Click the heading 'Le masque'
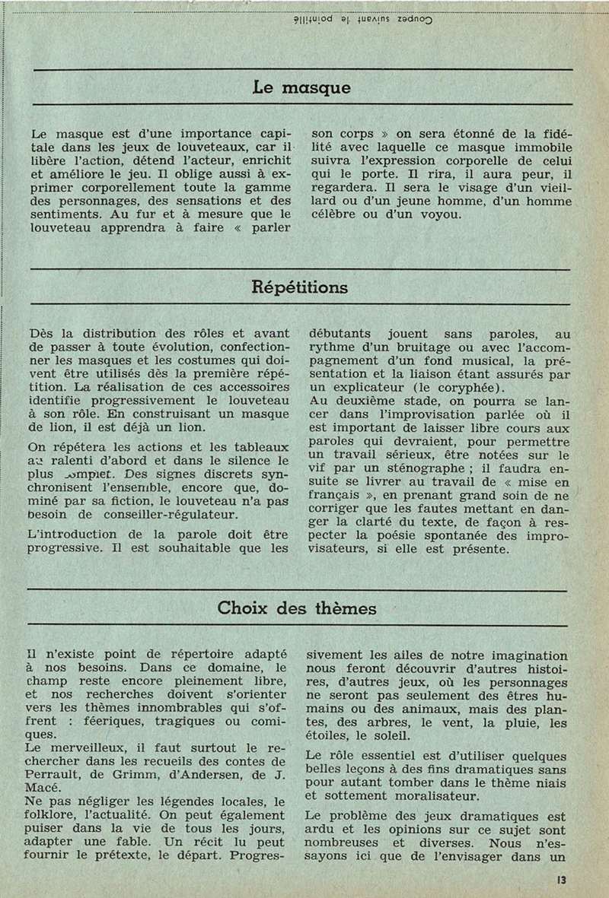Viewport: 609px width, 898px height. point(301,87)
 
